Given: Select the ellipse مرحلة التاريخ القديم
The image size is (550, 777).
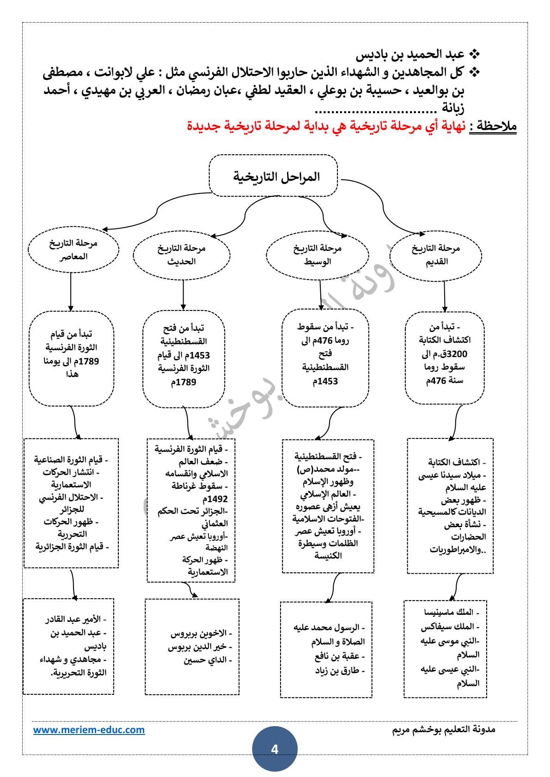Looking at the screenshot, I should pyautogui.click(x=436, y=255).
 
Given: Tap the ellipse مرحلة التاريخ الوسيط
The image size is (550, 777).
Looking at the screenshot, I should pyautogui.click(x=318, y=255).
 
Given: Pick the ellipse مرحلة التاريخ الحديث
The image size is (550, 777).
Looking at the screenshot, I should pyautogui.click(x=182, y=255).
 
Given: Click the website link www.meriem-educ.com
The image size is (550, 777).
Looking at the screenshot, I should pyautogui.click(x=89, y=730).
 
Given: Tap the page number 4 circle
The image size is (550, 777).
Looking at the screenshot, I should pyautogui.click(x=275, y=749).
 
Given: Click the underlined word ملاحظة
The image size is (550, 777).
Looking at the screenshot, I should pyautogui.click(x=495, y=126).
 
